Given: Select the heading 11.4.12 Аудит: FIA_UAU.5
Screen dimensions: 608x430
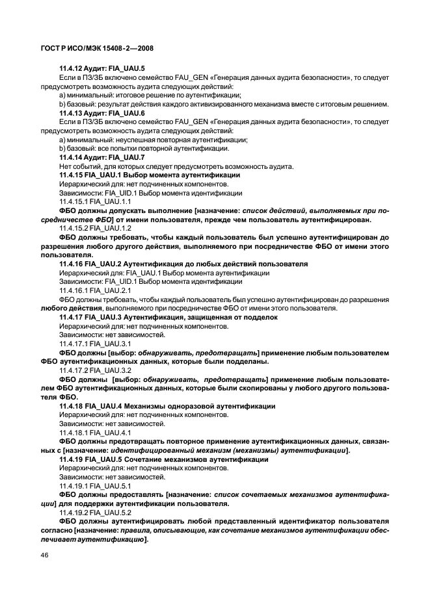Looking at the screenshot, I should click(101, 68).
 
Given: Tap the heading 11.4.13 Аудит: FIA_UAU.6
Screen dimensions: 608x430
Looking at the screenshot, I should click(101, 113).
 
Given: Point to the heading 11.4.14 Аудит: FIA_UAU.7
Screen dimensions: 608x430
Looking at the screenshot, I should click(101, 158).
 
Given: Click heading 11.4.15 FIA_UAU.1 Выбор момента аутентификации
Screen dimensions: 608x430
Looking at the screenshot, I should click(150, 175).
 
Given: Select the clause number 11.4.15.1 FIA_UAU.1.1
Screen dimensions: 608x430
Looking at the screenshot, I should click(95, 202).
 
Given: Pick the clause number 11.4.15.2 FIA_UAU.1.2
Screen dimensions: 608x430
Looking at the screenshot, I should click(95, 229).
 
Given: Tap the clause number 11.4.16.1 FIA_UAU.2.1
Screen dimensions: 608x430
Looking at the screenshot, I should click(95, 290).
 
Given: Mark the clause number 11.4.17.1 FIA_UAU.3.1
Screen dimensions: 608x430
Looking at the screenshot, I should click(95, 344).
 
